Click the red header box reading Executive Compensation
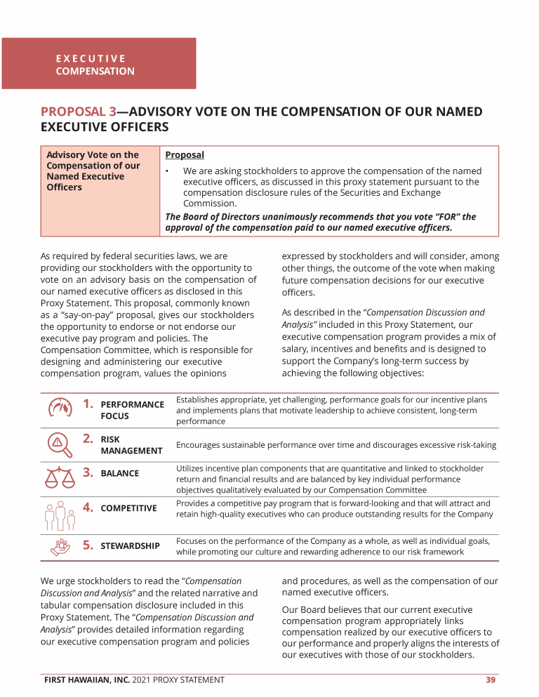click(98, 64)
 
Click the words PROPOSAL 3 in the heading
click(78, 112)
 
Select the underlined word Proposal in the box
click(185, 155)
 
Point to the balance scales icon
click(60, 478)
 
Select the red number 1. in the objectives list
click(88, 404)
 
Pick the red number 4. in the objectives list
click(88, 507)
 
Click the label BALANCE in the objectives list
click(120, 474)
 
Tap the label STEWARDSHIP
click(130, 546)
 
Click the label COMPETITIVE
click(128, 508)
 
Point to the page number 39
click(491, 679)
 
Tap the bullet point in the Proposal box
click(168, 172)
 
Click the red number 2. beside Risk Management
click(88, 439)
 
